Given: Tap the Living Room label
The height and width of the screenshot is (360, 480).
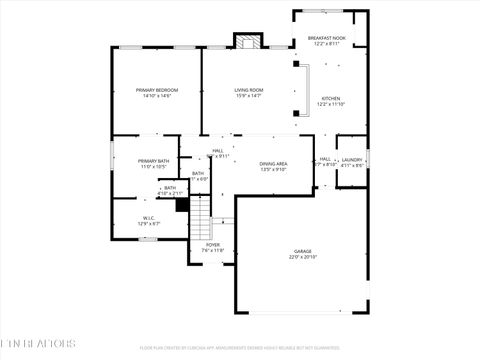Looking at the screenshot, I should point(249,90).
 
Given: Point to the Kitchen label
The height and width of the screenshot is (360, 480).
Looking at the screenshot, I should point(330,99).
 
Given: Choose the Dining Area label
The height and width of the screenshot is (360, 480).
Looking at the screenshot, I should point(274,163).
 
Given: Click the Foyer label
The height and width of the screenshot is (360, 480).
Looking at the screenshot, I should point(213,244).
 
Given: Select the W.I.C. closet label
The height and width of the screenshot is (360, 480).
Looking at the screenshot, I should point(148,217).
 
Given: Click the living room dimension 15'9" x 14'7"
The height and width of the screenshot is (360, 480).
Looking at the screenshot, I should point(249,96).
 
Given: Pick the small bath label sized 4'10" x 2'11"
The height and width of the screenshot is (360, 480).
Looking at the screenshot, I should point(170,193).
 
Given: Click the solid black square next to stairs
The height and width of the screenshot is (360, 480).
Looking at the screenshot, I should point(182,204).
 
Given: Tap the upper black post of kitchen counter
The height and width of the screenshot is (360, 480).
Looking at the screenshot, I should point(296,64).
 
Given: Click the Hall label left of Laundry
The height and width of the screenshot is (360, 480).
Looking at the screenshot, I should point(325,159).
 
